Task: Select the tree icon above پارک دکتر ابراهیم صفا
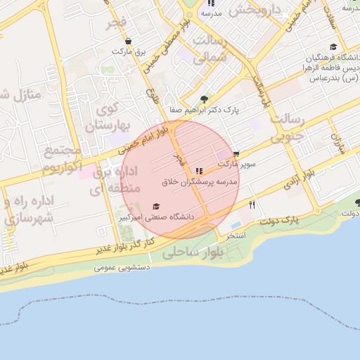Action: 204,99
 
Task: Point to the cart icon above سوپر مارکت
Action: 236,153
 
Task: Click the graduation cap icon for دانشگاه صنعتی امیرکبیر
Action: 156,207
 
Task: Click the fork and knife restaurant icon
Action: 252,205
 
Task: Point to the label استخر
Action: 235,235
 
